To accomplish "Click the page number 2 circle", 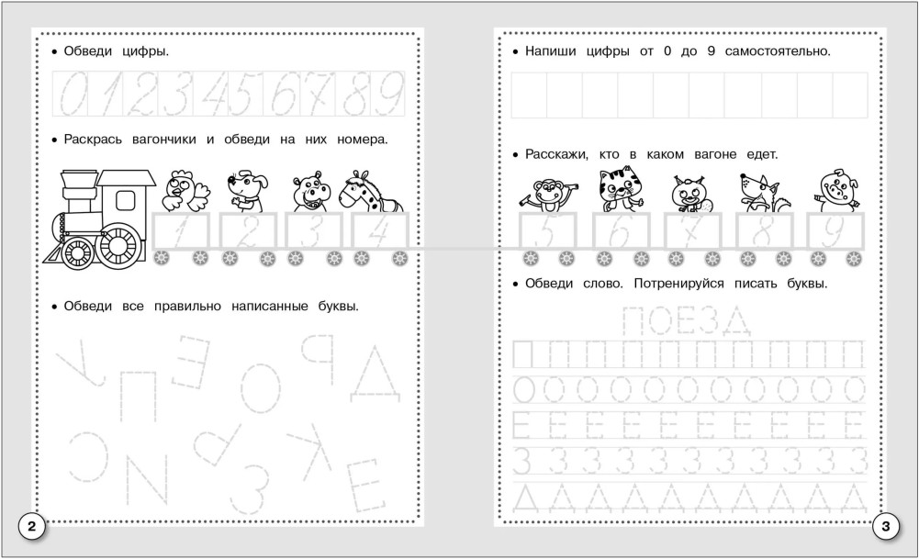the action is pyautogui.click(x=31, y=526).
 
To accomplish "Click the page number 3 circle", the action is pyautogui.click(x=886, y=526).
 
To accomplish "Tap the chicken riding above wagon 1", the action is pyautogui.click(x=185, y=191).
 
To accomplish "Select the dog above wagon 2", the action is pyautogui.click(x=247, y=191).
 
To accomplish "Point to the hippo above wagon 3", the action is pyautogui.click(x=311, y=192).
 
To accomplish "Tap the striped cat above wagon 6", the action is pyautogui.click(x=621, y=189).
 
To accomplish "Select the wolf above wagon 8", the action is pyautogui.click(x=757, y=192).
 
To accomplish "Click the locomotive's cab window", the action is pyautogui.click(x=126, y=200).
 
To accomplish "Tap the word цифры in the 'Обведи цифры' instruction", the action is pyautogui.click(x=145, y=51).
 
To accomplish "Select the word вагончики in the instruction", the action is pyautogui.click(x=164, y=140).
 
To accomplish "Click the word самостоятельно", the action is pyautogui.click(x=778, y=51).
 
